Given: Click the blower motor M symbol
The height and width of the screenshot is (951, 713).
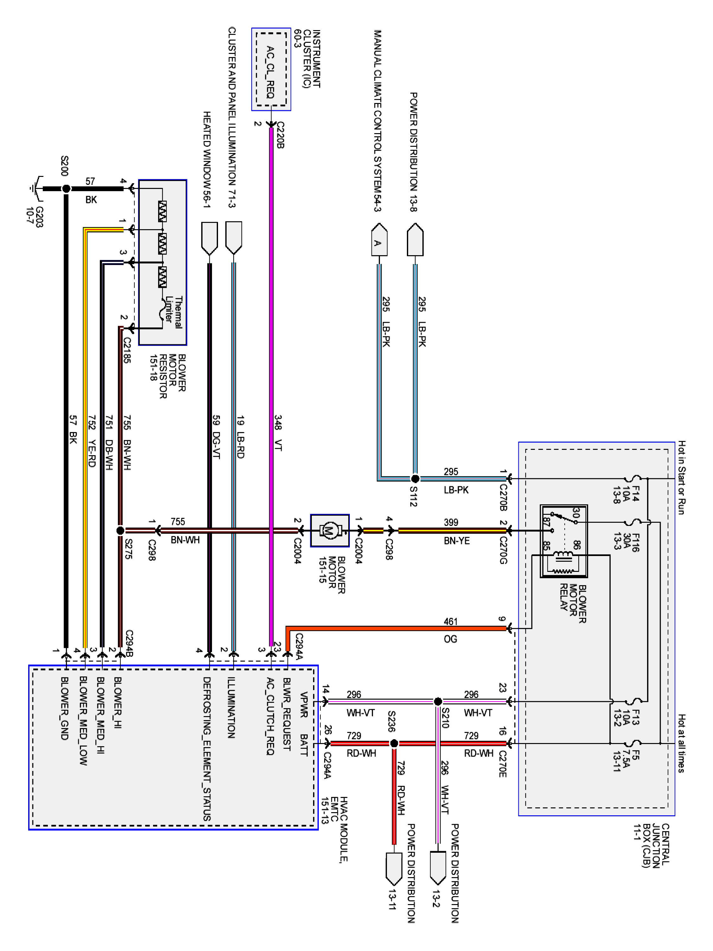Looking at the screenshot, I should pyautogui.click(x=330, y=531).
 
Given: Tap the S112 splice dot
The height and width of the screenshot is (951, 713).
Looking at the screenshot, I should pyautogui.click(x=415, y=478).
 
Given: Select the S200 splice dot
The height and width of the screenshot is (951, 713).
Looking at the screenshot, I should pyautogui.click(x=66, y=188).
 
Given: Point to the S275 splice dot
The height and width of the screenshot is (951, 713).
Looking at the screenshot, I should pyautogui.click(x=120, y=531).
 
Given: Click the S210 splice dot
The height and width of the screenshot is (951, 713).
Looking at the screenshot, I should pyautogui.click(x=438, y=701).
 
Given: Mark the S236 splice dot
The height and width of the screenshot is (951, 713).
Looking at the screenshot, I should pyautogui.click(x=394, y=743).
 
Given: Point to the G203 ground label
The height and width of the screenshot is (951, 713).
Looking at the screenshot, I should pyautogui.click(x=34, y=217).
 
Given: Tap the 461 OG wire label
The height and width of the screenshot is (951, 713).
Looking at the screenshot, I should pyautogui.click(x=450, y=630).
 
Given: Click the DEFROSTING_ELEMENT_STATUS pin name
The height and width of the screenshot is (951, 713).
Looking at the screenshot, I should pyautogui.click(x=207, y=748).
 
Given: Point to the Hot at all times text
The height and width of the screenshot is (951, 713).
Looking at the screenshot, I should pyautogui.click(x=681, y=744).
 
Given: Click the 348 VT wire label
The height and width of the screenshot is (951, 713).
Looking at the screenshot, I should pyautogui.click(x=278, y=432).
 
